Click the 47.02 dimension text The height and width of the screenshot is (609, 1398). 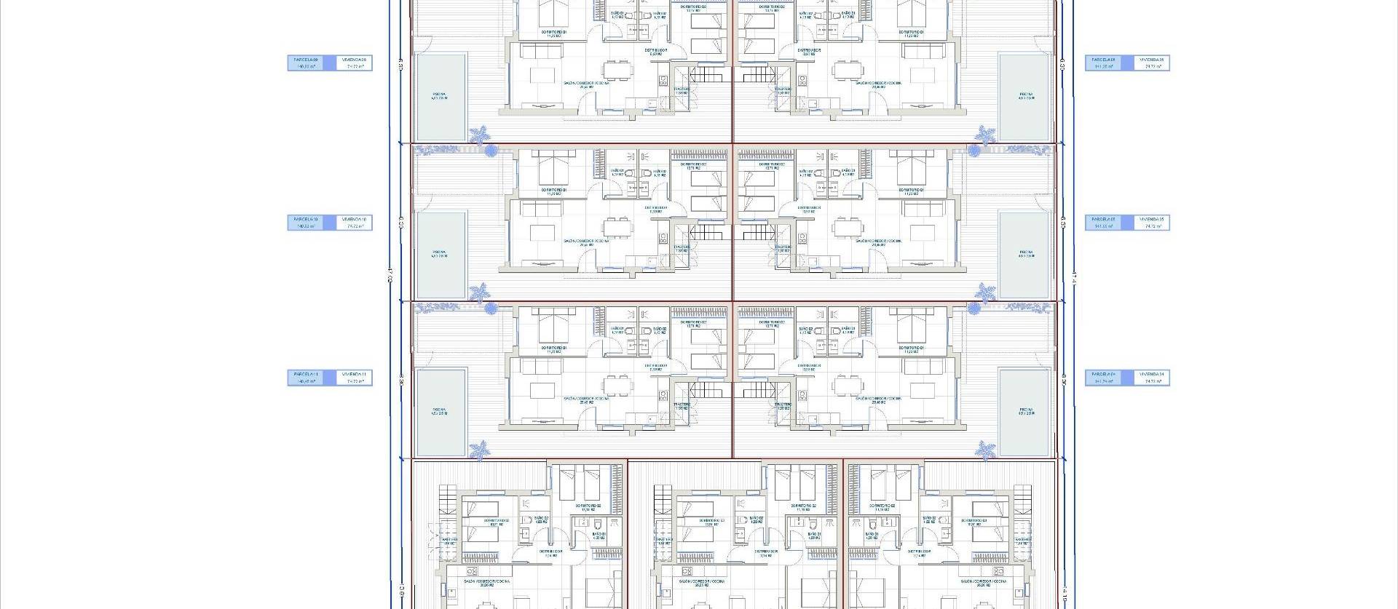(x=390, y=274)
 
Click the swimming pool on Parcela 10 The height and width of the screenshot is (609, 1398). (x=441, y=255)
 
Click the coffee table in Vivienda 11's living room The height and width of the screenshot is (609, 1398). (x=542, y=389)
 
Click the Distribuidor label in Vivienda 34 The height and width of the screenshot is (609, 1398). (x=810, y=366)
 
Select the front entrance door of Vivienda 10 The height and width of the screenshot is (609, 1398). (x=588, y=271)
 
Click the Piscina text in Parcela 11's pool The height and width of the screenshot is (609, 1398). (x=438, y=410)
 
